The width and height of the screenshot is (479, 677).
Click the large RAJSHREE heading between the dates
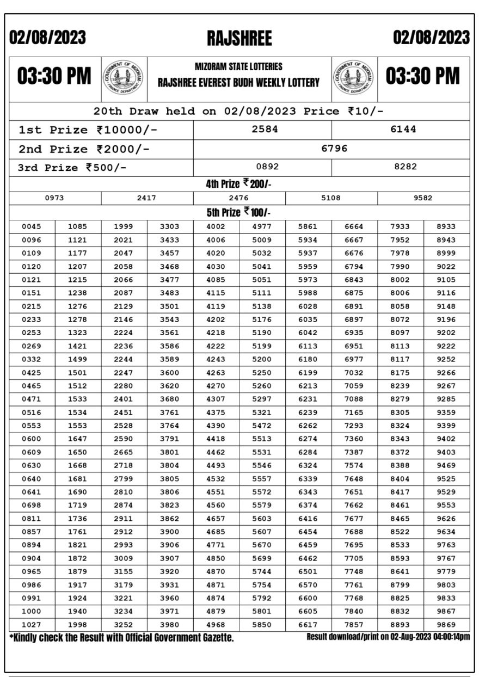pos(239,38)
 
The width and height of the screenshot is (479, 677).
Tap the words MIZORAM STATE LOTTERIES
pos(238,67)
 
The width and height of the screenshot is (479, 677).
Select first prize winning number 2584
pos(265,130)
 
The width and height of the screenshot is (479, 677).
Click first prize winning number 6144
pos(403,130)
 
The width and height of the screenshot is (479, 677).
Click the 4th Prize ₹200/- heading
pos(238,184)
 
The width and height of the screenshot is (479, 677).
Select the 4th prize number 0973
pos(54,198)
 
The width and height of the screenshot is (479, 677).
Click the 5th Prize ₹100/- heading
pos(238,212)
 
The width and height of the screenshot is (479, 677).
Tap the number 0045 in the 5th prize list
pos(32,226)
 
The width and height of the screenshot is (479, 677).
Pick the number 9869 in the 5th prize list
pos(446,625)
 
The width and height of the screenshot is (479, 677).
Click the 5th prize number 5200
pos(262,359)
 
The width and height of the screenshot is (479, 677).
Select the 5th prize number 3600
pos(170,373)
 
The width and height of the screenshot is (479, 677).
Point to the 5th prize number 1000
pos(32,611)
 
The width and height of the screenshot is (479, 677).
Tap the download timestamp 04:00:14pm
pos(449,637)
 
